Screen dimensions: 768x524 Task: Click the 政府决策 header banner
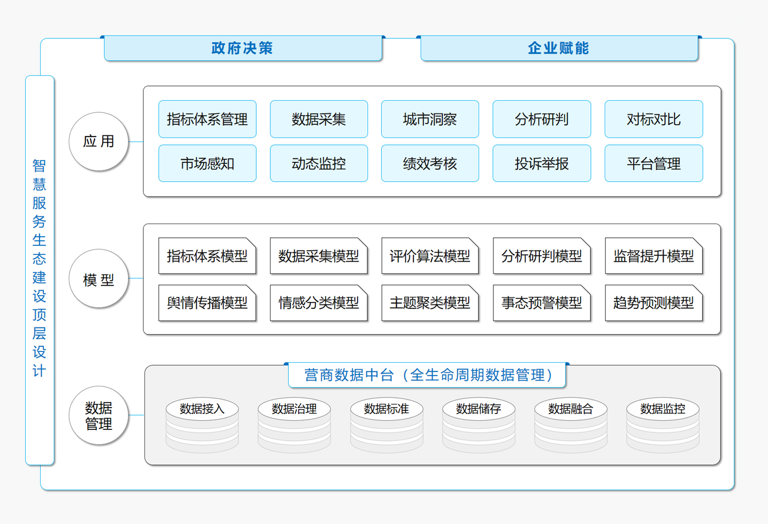[x=243, y=48]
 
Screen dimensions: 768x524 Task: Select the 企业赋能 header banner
[x=559, y=48]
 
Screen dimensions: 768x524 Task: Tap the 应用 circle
[x=99, y=141]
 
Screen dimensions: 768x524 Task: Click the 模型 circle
[x=99, y=279]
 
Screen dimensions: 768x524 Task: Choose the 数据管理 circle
[x=99, y=415]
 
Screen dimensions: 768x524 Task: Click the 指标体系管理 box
[x=207, y=119]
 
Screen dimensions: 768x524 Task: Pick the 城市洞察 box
[x=430, y=119]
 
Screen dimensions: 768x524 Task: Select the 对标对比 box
[x=654, y=119]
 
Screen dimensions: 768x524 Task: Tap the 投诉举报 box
[x=542, y=163]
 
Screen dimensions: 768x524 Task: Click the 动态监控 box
[x=319, y=163]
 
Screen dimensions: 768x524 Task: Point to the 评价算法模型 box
[x=430, y=256]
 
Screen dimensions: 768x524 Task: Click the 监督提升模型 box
[x=654, y=256]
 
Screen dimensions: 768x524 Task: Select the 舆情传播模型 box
[x=207, y=303]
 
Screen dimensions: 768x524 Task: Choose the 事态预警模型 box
[x=542, y=303]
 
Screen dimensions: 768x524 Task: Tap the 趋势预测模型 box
[x=654, y=303]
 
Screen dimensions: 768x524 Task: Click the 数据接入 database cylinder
[x=202, y=425]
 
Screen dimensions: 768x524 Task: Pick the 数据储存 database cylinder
[x=479, y=425]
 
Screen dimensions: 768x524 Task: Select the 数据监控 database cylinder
[x=663, y=425]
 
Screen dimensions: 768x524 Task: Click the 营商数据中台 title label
[x=427, y=375]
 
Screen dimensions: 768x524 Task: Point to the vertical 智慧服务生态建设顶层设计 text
[x=40, y=268]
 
